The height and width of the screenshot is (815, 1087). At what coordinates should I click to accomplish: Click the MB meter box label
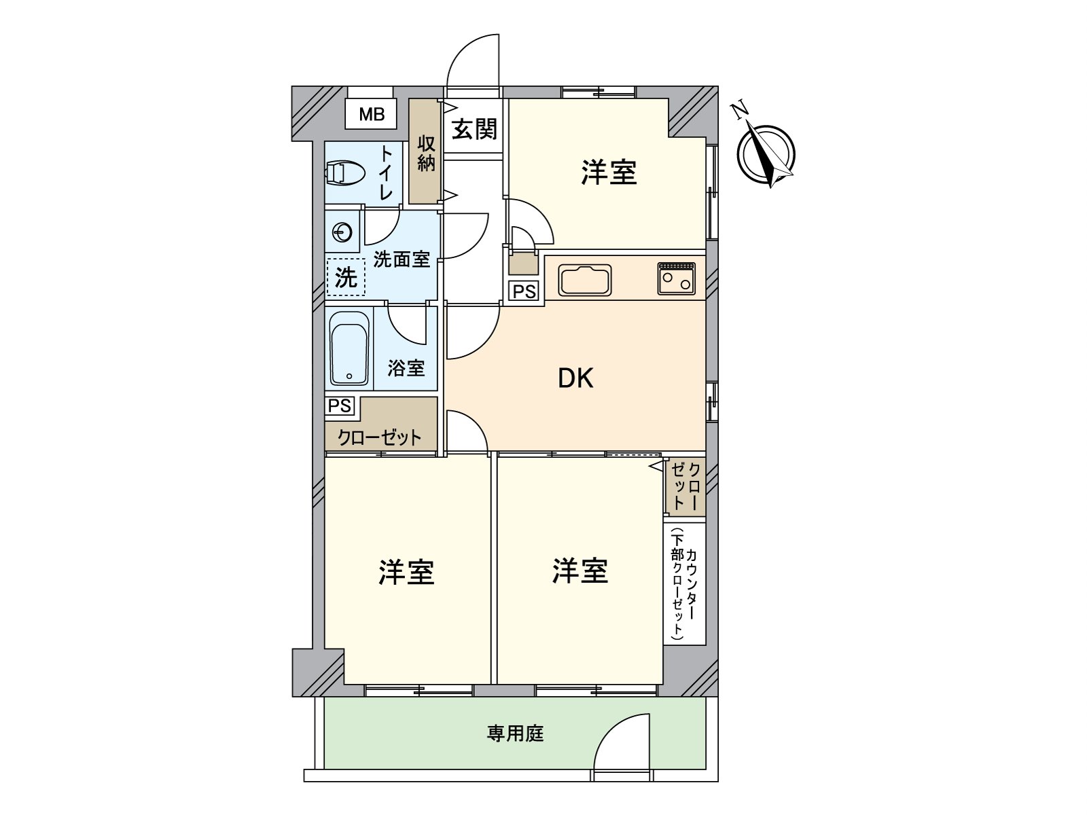pos(372,114)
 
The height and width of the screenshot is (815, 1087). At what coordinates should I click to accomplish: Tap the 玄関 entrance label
pos(474,129)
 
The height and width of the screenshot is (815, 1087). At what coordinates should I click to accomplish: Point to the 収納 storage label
pos(426,153)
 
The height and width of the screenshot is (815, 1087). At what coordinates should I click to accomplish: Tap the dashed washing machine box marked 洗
pos(346,278)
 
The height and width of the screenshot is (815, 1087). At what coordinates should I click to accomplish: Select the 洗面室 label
pos(402,259)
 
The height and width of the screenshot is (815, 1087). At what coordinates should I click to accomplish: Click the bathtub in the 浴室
pos(350,349)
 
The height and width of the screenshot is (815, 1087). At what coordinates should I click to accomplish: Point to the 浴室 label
pos(406,368)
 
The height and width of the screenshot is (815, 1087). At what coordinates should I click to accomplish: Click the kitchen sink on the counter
pos(585,278)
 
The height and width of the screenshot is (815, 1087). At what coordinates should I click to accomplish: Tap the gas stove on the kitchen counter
pos(676,278)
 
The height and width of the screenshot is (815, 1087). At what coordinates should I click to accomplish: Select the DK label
pos(575,378)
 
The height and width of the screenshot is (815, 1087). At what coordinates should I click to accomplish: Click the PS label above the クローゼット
pos(340,405)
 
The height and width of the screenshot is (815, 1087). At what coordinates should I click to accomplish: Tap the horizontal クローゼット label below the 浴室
pos(379,438)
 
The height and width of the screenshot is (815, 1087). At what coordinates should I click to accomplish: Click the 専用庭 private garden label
pos(515,733)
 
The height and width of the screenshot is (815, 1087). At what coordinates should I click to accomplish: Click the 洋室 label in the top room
pos(609,173)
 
